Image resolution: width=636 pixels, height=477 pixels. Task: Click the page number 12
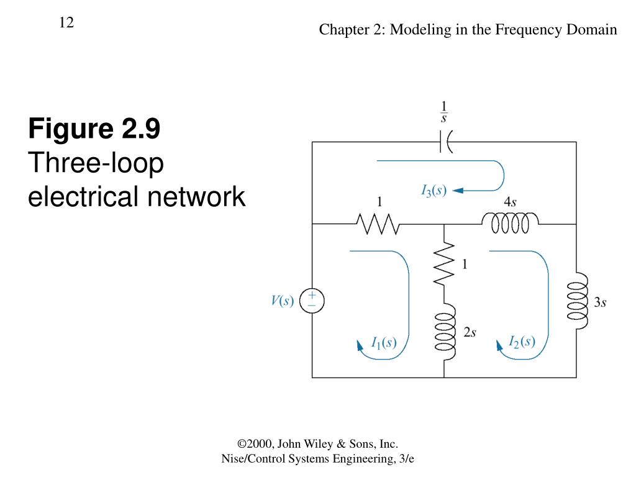click(x=66, y=23)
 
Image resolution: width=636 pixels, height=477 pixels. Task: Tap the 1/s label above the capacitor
click(x=444, y=112)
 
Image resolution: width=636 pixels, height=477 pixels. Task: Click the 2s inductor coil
click(x=445, y=335)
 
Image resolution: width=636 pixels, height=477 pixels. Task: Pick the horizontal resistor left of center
click(x=376, y=224)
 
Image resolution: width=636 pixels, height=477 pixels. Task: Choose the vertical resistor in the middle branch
click(x=444, y=264)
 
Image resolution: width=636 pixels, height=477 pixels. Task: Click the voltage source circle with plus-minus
click(x=312, y=301)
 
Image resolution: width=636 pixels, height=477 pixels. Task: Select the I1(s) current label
click(x=384, y=342)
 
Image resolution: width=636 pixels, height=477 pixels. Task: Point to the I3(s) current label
click(x=434, y=191)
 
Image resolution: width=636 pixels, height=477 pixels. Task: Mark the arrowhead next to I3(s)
click(x=458, y=191)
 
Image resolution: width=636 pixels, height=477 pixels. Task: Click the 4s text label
click(x=511, y=202)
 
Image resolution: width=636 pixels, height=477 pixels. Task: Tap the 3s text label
click(x=600, y=302)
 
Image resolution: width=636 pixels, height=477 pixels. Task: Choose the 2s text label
click(x=470, y=332)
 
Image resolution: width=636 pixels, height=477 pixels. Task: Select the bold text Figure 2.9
click(x=94, y=129)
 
